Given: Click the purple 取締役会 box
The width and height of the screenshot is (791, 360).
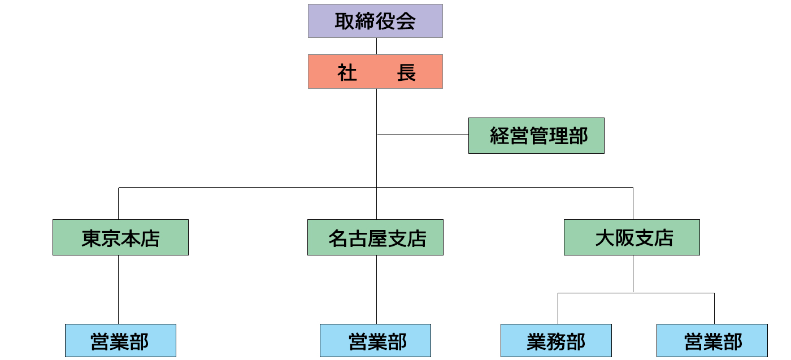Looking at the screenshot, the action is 375,21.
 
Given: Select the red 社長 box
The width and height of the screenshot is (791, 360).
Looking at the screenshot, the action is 375,71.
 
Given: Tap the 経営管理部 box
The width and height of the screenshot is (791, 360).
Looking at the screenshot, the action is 536,136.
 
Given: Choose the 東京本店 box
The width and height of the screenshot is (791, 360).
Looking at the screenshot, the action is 120,237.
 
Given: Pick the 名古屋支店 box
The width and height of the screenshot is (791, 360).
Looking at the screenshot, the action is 375,237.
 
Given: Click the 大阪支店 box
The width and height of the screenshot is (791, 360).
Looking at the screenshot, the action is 632,237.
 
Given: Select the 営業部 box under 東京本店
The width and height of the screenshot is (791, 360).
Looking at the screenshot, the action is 120,341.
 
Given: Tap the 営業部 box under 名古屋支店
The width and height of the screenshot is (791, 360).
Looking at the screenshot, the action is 375,341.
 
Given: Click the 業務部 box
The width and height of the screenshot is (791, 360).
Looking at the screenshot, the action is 556,341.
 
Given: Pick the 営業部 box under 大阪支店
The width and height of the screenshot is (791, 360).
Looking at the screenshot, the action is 712,341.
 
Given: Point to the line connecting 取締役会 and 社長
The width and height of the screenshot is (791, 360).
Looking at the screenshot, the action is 376,46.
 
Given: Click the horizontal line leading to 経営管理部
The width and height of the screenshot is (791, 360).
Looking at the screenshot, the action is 423,135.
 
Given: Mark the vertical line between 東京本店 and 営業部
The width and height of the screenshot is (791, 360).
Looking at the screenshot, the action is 118,290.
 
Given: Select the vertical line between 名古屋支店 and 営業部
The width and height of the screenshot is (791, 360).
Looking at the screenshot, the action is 376,290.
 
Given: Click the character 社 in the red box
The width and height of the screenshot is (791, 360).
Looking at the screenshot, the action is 347,72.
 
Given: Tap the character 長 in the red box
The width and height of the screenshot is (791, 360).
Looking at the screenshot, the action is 406,72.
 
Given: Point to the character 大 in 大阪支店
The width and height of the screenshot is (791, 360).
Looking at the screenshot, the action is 605,238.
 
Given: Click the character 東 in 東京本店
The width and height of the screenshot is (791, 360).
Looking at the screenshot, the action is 92,238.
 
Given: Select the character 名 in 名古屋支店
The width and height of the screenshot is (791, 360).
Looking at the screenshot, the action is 338,238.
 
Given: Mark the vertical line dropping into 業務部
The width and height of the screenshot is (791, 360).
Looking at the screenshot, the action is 558,309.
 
